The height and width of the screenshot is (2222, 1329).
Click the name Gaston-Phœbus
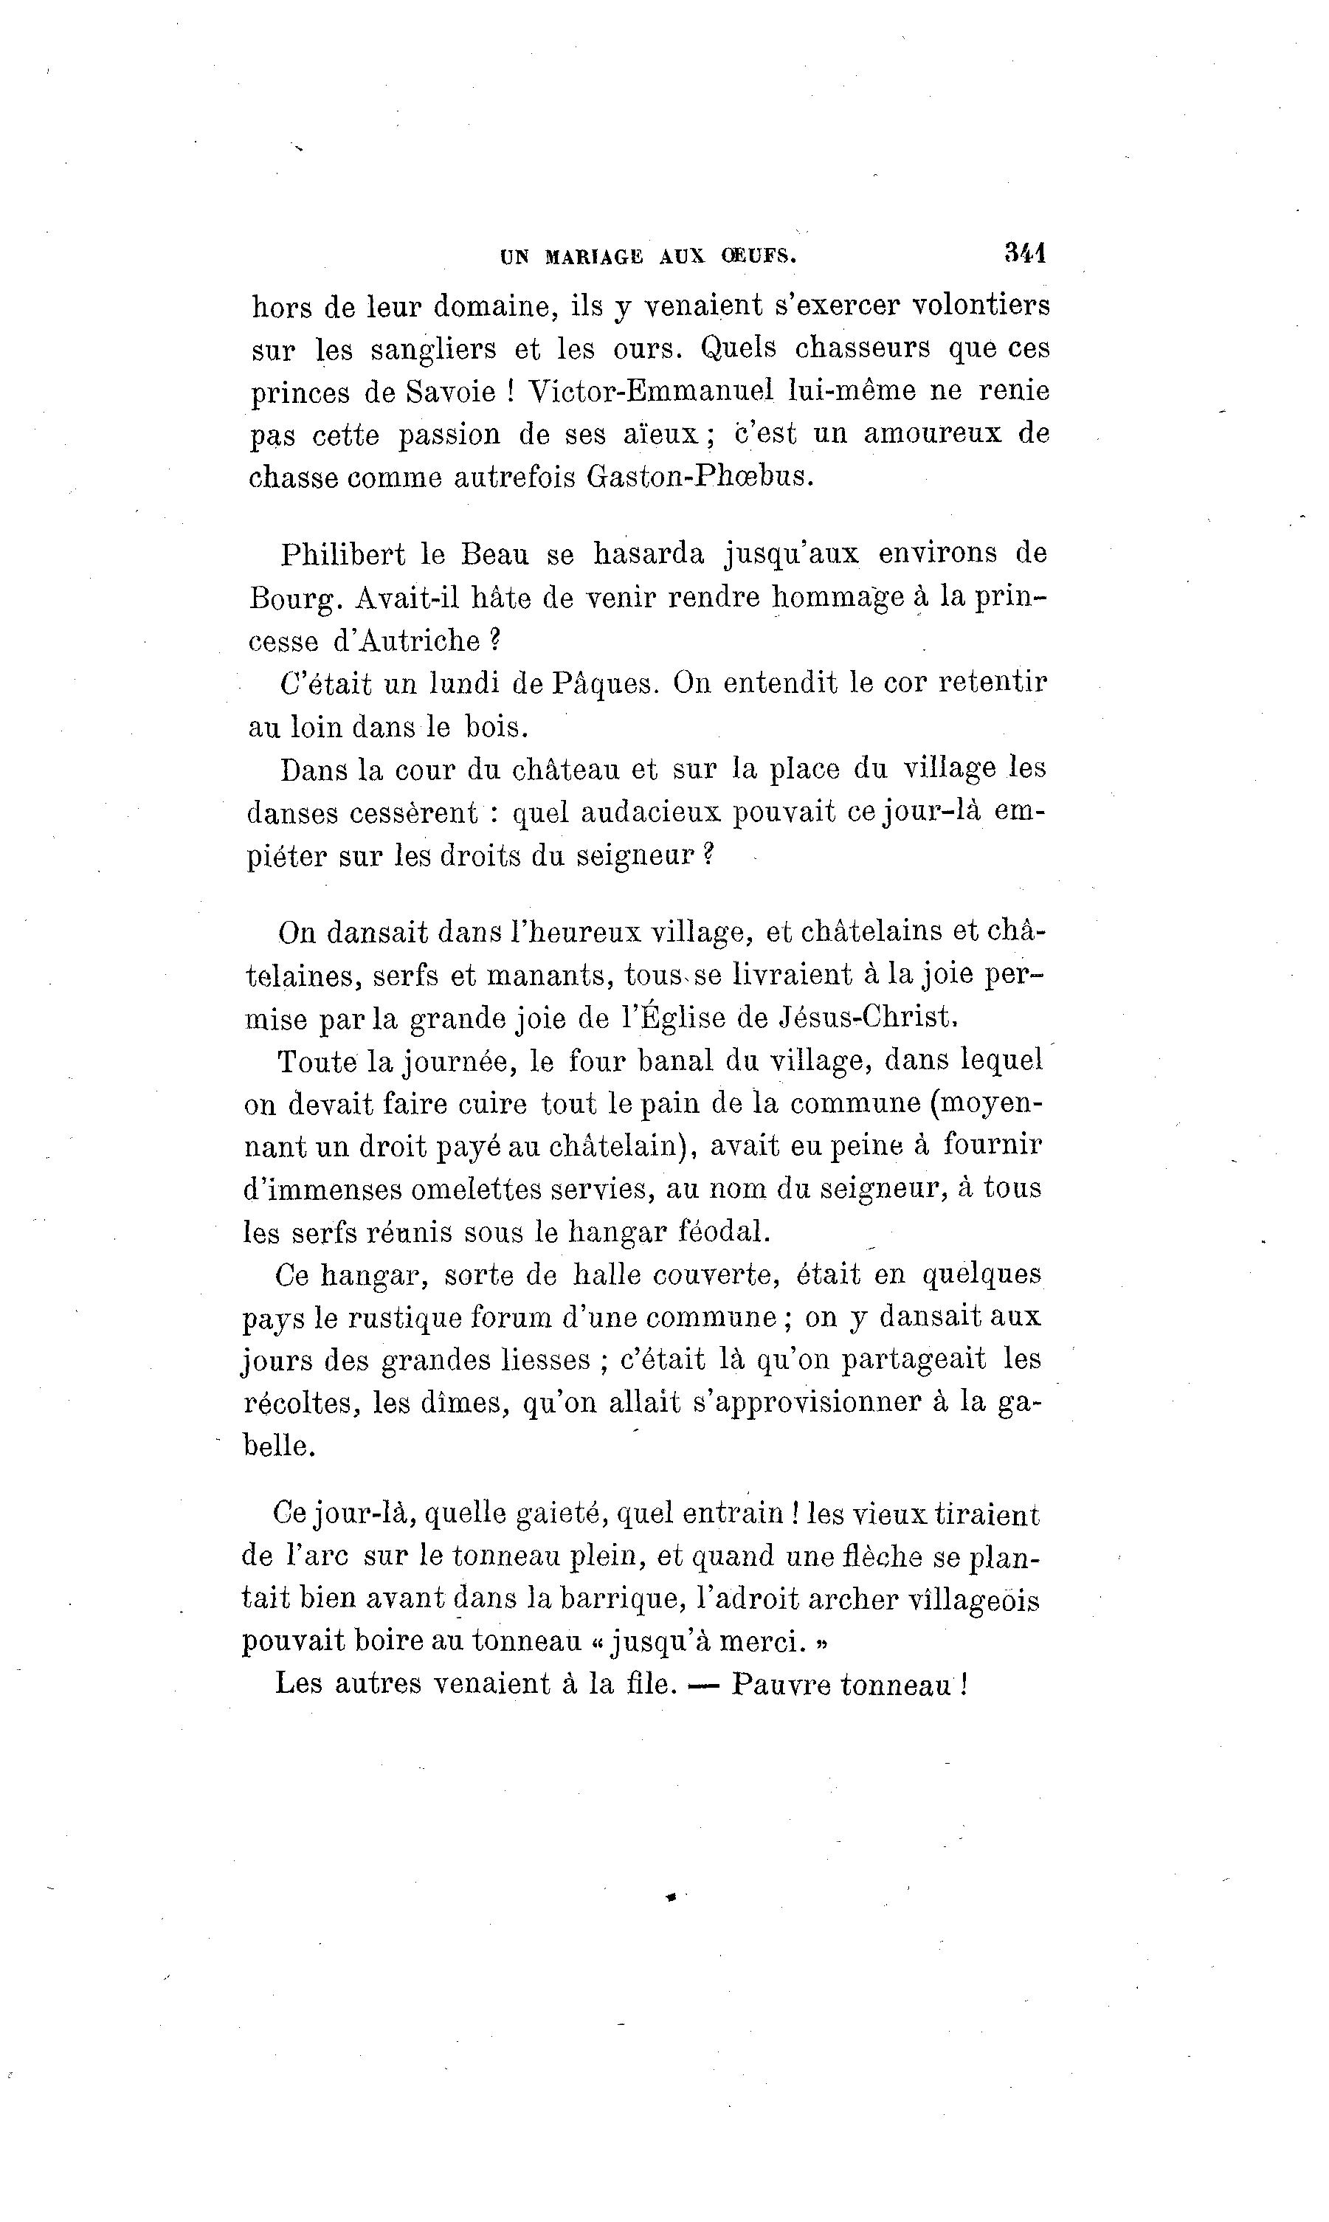(x=700, y=477)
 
